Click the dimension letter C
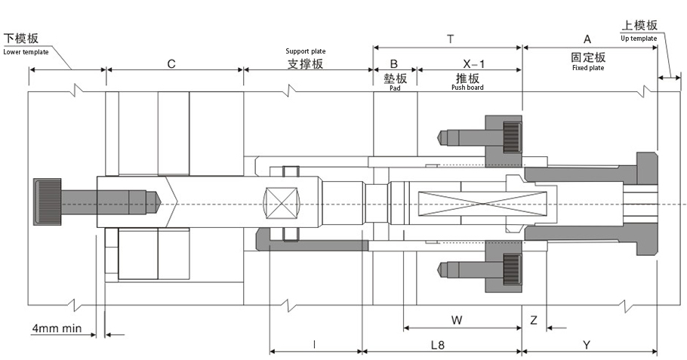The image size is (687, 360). pyautogui.click(x=171, y=64)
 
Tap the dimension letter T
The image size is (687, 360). pyautogui.click(x=451, y=39)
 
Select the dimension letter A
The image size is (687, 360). pyautogui.click(x=587, y=39)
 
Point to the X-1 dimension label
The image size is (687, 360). pyautogui.click(x=473, y=64)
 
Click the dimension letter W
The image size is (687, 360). pyautogui.click(x=457, y=320)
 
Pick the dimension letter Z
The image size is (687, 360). pyautogui.click(x=534, y=320)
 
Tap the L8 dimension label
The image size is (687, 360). pyautogui.click(x=438, y=345)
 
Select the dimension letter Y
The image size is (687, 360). pyautogui.click(x=587, y=345)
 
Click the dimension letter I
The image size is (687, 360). pyautogui.click(x=315, y=345)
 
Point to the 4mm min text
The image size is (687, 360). pyautogui.click(x=57, y=328)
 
